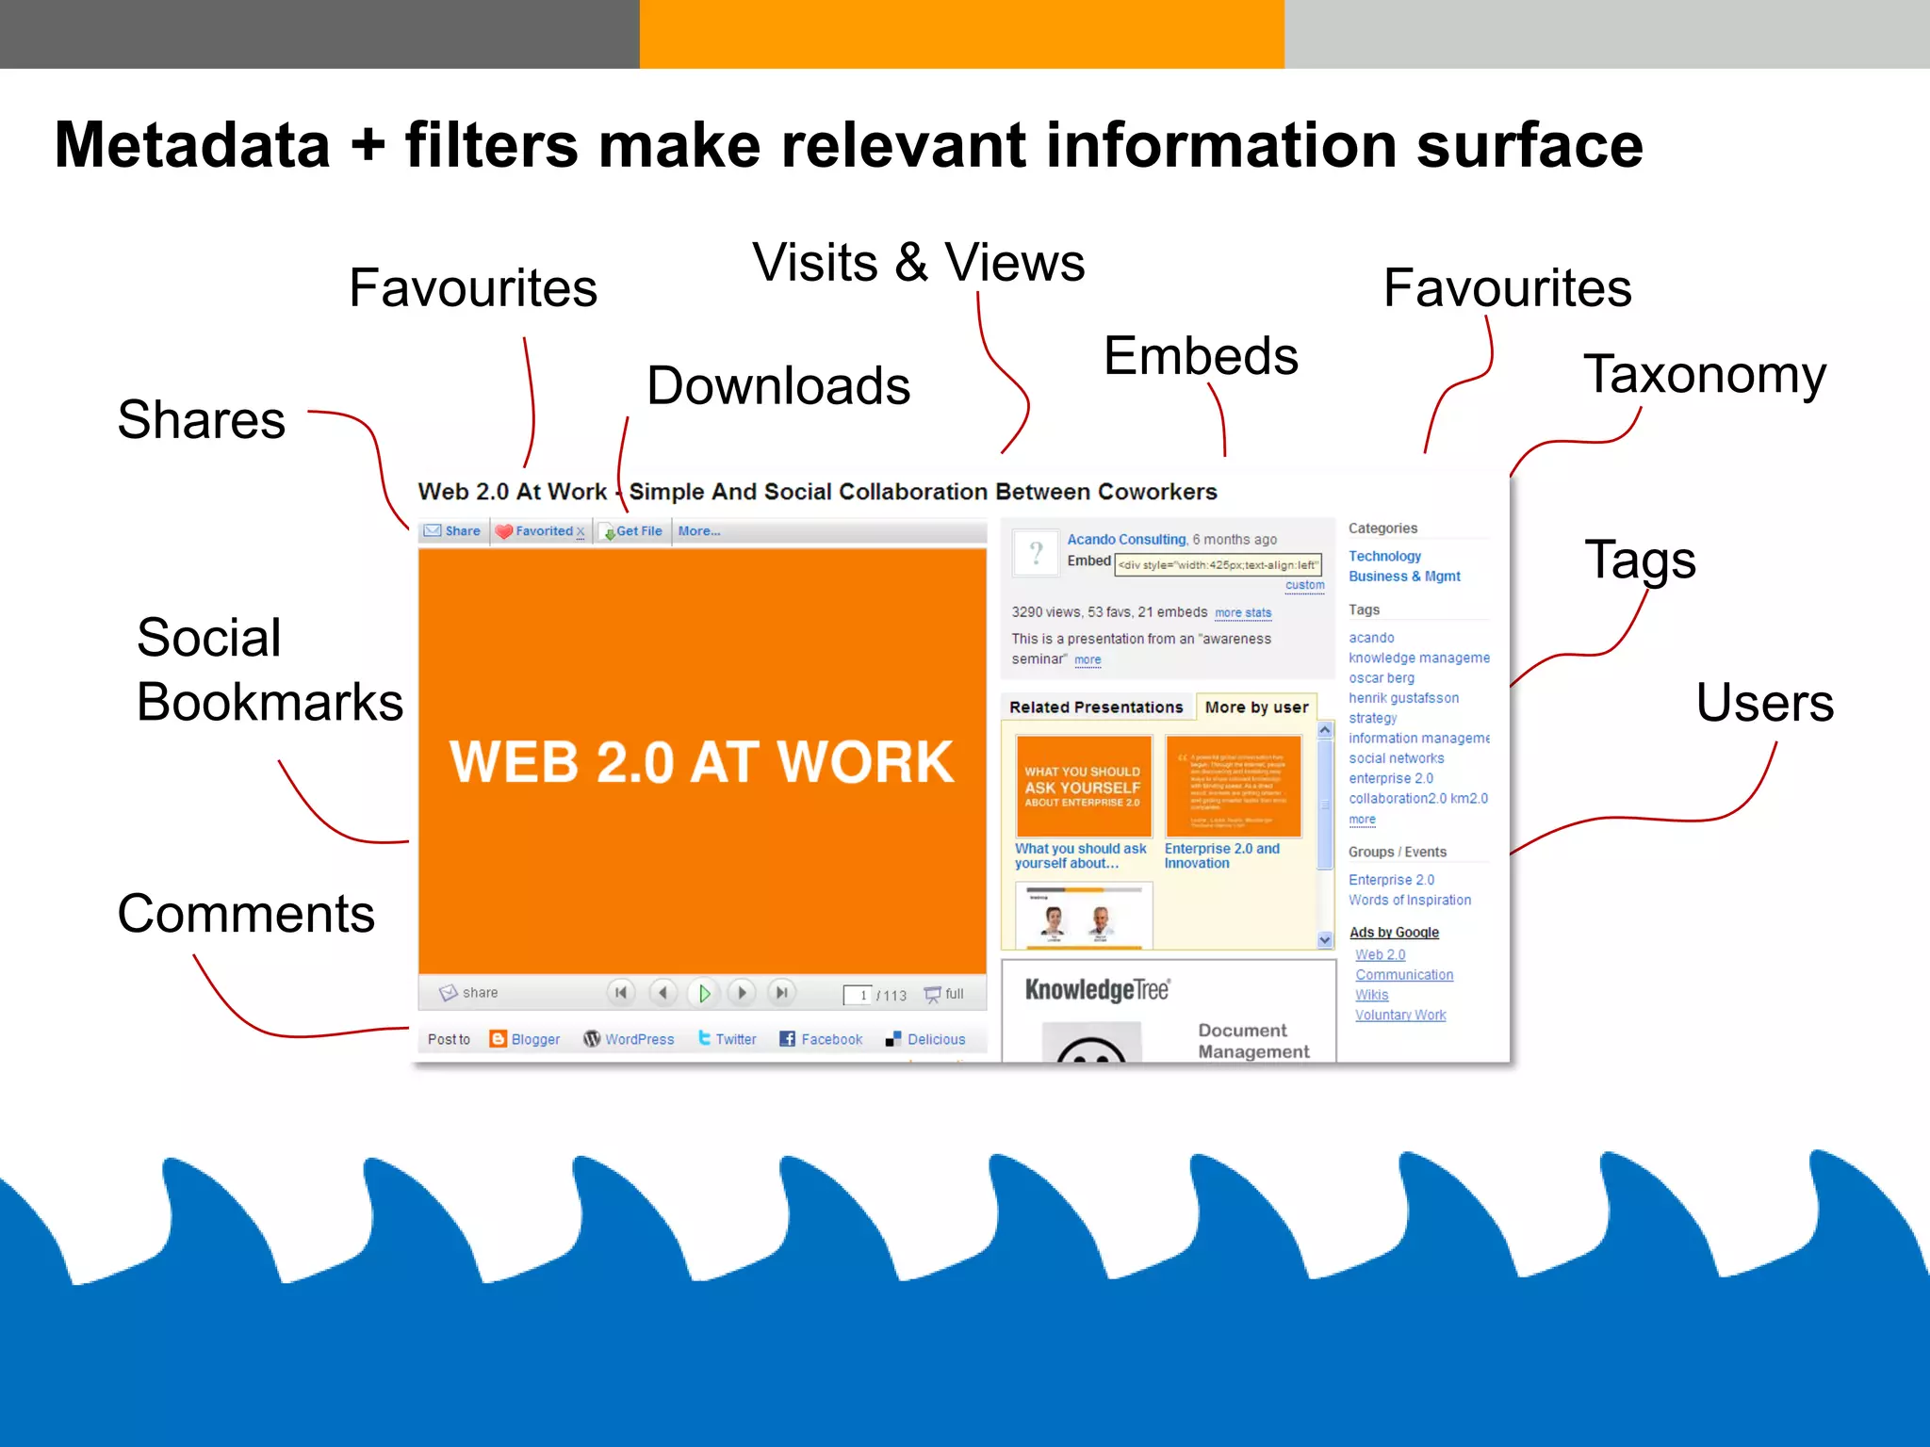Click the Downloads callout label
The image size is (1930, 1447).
pos(778,385)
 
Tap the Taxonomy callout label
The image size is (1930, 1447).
pos(1704,374)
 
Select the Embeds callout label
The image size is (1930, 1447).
pos(1201,356)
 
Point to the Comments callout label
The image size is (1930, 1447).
pos(246,913)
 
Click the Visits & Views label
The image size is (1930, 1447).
pos(918,262)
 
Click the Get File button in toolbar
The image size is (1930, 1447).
pos(634,531)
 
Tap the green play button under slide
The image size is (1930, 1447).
pos(703,992)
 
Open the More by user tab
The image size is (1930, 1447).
pos(1256,707)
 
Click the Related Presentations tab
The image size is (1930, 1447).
pos(1096,707)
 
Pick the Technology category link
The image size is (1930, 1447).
pos(1384,556)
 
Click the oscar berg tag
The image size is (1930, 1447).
pos(1381,677)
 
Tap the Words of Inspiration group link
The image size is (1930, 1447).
pos(1409,900)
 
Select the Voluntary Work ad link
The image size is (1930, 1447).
pos(1399,1015)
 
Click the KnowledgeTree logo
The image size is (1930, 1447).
pos(1097,989)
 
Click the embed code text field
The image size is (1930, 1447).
pos(1218,564)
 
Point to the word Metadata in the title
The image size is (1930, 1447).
pos(192,145)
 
